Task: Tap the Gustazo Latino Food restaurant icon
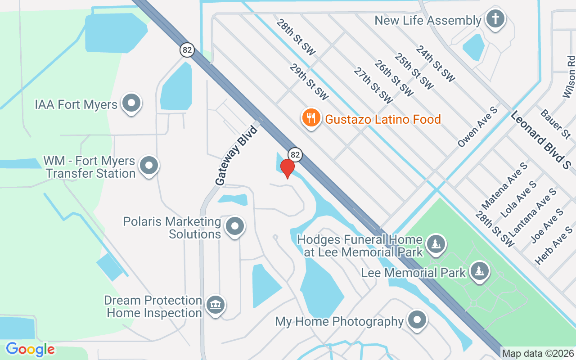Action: coord(310,118)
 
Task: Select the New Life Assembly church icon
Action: coord(495,19)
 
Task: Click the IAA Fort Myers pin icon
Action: coord(131,103)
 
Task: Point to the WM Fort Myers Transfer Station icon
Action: coord(148,166)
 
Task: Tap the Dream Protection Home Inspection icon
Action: coord(215,305)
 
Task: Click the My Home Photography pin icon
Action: coord(416,320)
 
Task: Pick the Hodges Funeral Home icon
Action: coord(435,244)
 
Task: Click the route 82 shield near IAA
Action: coord(187,49)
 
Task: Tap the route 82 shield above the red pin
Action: coord(295,154)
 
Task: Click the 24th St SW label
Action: coord(435,63)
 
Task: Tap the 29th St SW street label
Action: coord(309,81)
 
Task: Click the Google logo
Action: coord(30,349)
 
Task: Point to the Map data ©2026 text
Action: coord(538,353)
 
